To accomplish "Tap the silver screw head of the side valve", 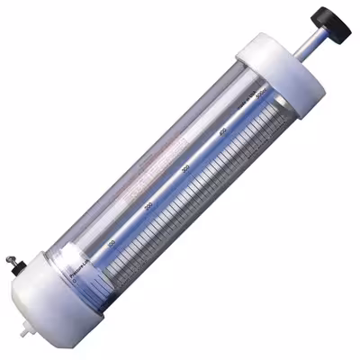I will pyautogui.click(x=12, y=256).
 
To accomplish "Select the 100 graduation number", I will pyautogui.click(x=112, y=243).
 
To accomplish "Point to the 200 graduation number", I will pyautogui.click(x=148, y=206).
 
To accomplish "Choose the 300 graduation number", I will pyautogui.click(x=185, y=169).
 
